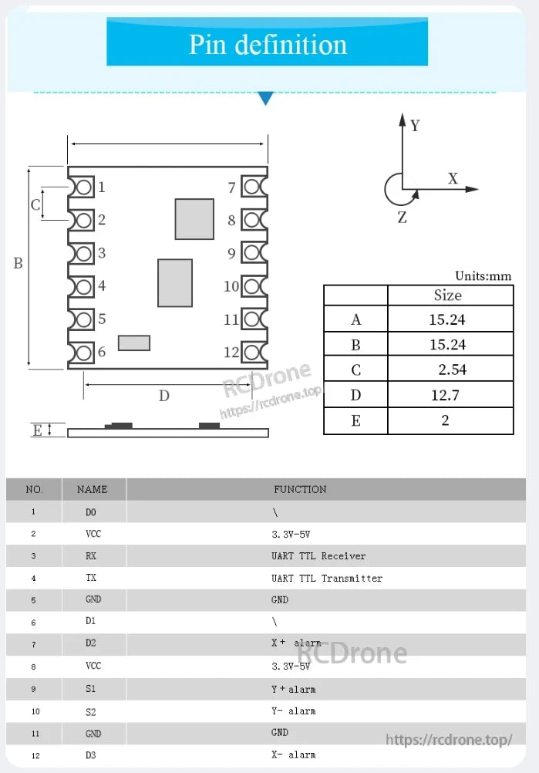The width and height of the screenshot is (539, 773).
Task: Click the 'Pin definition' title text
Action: tap(268, 44)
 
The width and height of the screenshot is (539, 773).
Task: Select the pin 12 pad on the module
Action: tap(252, 353)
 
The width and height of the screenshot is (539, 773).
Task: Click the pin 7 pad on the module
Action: tap(252, 187)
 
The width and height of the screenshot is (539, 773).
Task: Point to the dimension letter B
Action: tap(18, 263)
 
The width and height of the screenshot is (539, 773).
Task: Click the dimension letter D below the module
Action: tap(163, 396)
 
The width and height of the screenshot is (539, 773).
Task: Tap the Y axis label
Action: tap(415, 125)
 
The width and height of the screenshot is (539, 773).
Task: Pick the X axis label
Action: tap(453, 179)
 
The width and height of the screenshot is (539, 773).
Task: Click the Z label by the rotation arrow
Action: tap(402, 218)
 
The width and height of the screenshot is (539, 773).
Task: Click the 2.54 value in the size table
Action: tap(452, 370)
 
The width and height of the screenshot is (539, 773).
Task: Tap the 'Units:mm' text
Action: tap(483, 276)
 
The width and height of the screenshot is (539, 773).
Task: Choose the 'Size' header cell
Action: tap(448, 295)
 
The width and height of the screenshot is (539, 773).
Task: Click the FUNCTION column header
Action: tap(300, 489)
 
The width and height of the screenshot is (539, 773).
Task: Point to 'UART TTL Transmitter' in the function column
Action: tap(327, 578)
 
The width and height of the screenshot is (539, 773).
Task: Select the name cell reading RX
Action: tap(91, 555)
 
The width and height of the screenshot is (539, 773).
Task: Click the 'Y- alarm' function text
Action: tap(293, 711)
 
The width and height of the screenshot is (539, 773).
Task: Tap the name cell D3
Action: tap(91, 754)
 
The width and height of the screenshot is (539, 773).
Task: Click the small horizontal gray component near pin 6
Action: tap(133, 343)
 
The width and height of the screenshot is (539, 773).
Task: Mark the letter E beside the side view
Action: tap(37, 430)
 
